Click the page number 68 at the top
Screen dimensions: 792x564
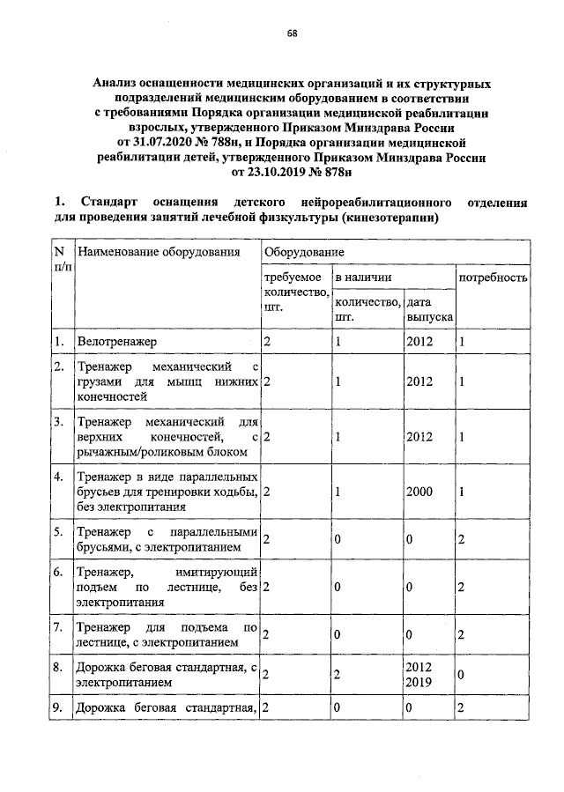pyautogui.click(x=292, y=34)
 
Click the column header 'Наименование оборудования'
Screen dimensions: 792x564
pyautogui.click(x=159, y=253)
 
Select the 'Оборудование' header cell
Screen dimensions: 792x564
pyautogui.click(x=296, y=252)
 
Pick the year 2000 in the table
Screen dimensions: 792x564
pyautogui.click(x=419, y=491)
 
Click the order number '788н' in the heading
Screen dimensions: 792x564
pyautogui.click(x=245, y=140)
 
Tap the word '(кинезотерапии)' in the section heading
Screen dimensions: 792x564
pyautogui.click(x=391, y=217)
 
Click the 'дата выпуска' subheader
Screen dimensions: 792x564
pyautogui.click(x=429, y=308)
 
